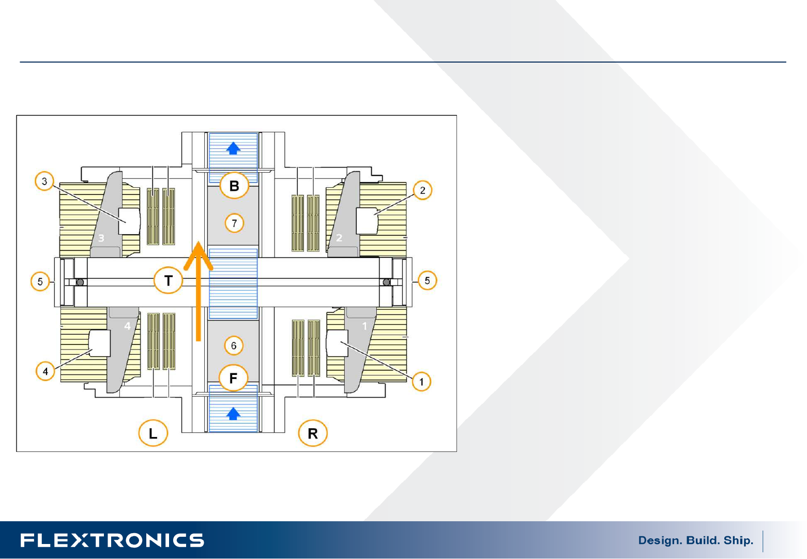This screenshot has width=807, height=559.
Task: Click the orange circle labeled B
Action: [x=234, y=186]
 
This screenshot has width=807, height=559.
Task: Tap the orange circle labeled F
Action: [x=234, y=377]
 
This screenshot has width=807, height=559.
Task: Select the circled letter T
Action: [x=168, y=280]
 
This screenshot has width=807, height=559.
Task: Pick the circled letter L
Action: [x=153, y=433]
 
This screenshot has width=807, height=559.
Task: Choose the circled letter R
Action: [x=313, y=433]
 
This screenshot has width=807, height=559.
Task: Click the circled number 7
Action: [x=234, y=223]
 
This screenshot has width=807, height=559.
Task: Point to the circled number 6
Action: [x=234, y=345]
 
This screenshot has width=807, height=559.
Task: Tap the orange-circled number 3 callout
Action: [x=44, y=181]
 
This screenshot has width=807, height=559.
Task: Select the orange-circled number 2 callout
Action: [x=422, y=190]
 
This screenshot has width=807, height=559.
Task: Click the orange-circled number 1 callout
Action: [x=421, y=381]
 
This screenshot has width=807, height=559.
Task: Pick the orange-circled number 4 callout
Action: [x=45, y=371]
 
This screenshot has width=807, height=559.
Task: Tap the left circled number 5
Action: [x=40, y=281]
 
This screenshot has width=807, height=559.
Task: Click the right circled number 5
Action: [x=427, y=280]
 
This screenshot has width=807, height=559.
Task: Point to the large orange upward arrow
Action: [x=198, y=291]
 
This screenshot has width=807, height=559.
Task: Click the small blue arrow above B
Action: [x=233, y=148]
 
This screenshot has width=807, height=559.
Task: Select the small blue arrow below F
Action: [x=233, y=414]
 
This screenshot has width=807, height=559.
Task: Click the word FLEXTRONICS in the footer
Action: [x=112, y=540]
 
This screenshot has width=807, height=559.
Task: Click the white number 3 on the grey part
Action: [x=101, y=238]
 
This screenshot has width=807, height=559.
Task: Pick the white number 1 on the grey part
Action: [x=364, y=326]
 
